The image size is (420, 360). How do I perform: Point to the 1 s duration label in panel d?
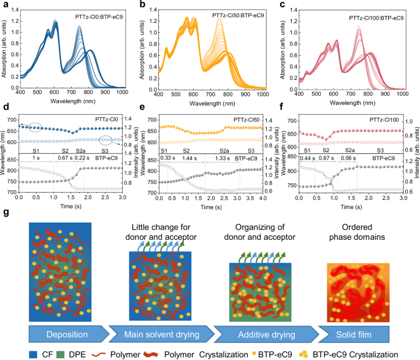pyautogui.click(x=37, y=157)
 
